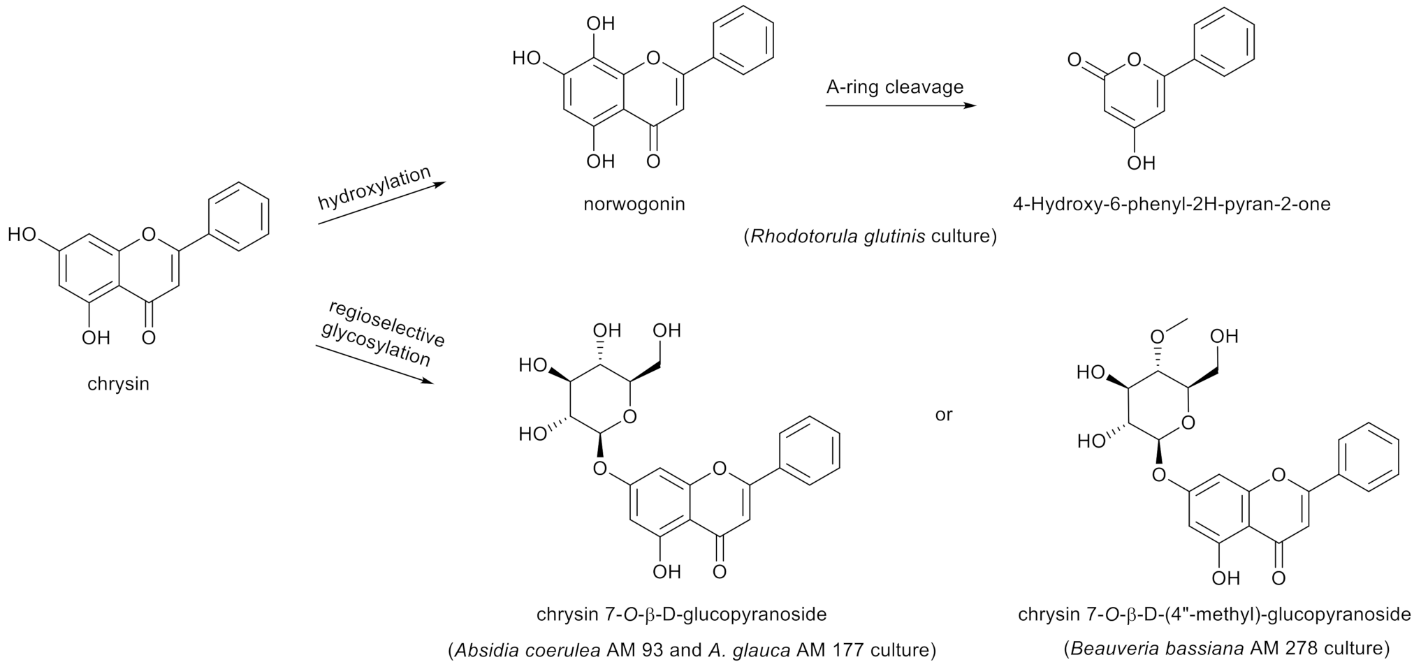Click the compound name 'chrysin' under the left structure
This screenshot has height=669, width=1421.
118,384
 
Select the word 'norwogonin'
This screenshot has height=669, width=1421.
634,204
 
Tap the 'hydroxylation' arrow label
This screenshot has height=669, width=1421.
374,188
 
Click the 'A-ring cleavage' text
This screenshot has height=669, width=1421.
894,87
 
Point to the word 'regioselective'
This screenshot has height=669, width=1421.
386,324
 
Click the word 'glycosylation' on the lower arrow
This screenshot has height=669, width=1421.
376,344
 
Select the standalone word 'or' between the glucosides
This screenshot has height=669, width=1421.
943,415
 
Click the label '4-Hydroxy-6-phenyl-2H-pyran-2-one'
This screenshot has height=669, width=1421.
1172,204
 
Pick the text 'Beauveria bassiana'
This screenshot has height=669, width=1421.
1157,649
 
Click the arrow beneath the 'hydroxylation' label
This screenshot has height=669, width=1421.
381,204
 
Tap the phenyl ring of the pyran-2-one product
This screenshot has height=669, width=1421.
1224,42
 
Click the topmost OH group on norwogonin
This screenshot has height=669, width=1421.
601,24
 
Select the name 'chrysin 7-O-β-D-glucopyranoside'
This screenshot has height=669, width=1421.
681,615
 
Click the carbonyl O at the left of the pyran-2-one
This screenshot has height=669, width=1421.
1076,61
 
